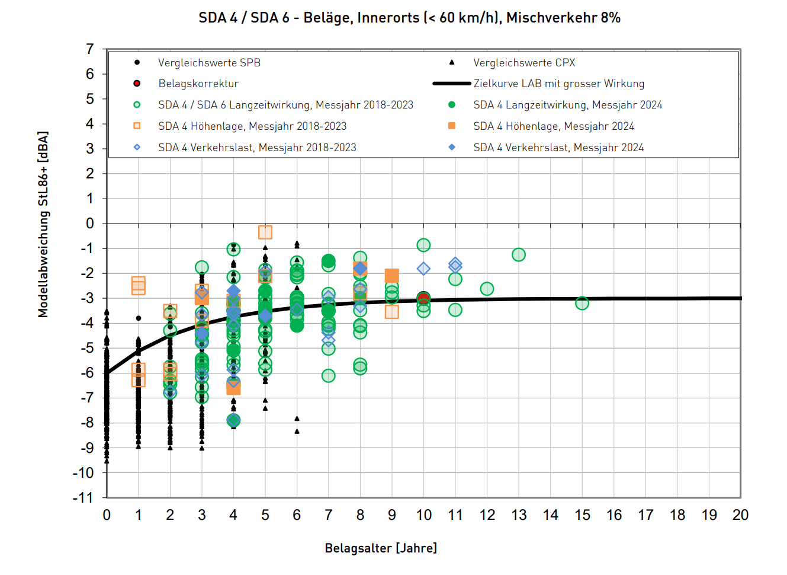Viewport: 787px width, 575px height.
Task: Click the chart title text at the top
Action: [409, 18]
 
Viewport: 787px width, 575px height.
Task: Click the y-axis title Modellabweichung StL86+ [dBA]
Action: [43, 225]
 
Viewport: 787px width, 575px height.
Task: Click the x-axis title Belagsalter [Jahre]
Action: [381, 548]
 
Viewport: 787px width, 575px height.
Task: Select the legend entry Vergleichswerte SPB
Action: [209, 63]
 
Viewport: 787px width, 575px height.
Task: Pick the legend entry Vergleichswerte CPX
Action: [524, 63]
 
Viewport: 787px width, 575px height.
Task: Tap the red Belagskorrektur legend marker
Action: [137, 84]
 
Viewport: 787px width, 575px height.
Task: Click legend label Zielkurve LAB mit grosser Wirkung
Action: [558, 84]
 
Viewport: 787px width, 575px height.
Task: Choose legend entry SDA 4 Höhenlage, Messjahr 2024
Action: [554, 126]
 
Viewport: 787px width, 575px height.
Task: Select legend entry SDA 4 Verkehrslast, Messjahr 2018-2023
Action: [257, 148]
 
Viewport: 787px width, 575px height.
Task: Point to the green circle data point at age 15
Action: [582, 304]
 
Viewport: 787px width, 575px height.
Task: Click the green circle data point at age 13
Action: [519, 255]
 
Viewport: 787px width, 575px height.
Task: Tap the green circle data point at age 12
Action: [487, 289]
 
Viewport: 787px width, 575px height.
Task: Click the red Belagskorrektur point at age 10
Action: [423, 298]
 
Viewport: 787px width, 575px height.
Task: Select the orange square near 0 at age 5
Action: [265, 232]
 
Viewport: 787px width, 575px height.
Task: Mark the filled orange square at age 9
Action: [391, 276]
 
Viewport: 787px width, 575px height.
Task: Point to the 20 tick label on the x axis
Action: [740, 515]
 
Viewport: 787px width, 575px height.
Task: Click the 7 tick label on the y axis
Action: [90, 49]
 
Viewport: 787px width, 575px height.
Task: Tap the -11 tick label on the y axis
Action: [83, 497]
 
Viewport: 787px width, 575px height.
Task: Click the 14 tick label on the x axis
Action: [551, 515]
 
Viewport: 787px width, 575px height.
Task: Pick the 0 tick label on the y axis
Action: [90, 223]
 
